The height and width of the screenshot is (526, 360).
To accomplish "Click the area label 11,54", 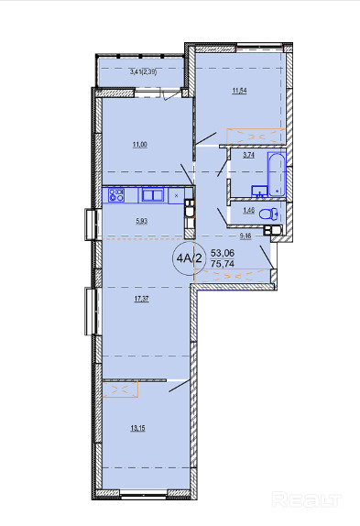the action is pos(240,91).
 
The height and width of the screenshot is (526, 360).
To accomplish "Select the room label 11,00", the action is pos(140,145).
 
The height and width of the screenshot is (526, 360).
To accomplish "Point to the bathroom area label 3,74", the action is pos(249,155).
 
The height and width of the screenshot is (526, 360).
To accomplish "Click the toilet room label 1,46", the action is pos(249,211).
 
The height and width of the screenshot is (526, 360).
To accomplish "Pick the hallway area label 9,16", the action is pos(245,236).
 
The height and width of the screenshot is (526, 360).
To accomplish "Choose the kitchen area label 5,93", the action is pos(141,221).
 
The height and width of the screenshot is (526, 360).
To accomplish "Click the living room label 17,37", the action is pos(141,299).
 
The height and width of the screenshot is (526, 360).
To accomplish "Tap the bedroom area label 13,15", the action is pos(137,428).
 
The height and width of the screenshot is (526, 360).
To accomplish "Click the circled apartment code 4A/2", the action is pos(190,258).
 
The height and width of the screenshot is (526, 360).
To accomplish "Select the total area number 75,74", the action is pos(223,264).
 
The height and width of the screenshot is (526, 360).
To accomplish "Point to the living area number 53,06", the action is pos(223,253).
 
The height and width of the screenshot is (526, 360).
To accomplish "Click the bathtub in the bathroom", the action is pos(277,174).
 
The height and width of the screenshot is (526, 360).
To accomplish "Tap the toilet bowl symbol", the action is pos(268,214).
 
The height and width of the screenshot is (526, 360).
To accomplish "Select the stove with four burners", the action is pos(116,195).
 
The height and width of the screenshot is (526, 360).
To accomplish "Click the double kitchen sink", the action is pos(152,195).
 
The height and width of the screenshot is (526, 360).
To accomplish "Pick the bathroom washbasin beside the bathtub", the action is pos(259,192).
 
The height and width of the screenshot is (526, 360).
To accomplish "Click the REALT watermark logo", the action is pos(307,499).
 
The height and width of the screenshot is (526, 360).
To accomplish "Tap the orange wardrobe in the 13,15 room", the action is pos(120,389).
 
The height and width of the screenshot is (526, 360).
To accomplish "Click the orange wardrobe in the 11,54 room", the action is pos(256,136).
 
